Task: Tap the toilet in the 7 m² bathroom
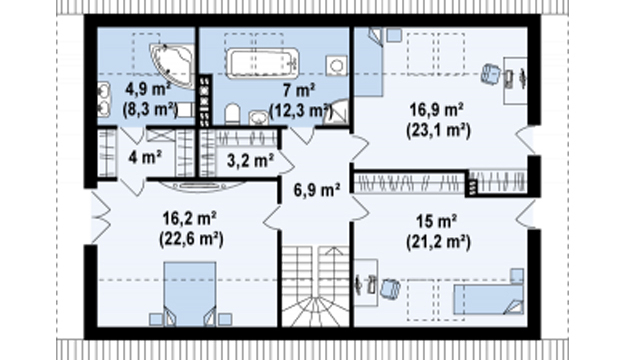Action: click(232, 114)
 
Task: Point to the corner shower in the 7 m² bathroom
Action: click(339, 113)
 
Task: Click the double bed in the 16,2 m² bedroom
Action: click(190, 294)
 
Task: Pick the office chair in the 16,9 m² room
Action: click(491, 74)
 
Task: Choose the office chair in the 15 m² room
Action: click(390, 287)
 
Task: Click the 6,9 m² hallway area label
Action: click(317, 190)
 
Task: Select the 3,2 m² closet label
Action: click(250, 160)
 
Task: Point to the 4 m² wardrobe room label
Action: click(144, 158)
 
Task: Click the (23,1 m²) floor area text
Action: click(438, 131)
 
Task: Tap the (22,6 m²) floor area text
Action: click(191, 239)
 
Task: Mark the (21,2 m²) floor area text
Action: click(438, 242)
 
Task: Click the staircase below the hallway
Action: click(315, 286)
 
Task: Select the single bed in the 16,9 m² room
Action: click(369, 62)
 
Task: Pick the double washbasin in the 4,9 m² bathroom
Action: click(103, 99)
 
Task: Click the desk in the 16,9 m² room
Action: click(515, 81)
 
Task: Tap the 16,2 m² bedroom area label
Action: click(189, 218)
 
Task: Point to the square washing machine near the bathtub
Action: click(336, 66)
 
